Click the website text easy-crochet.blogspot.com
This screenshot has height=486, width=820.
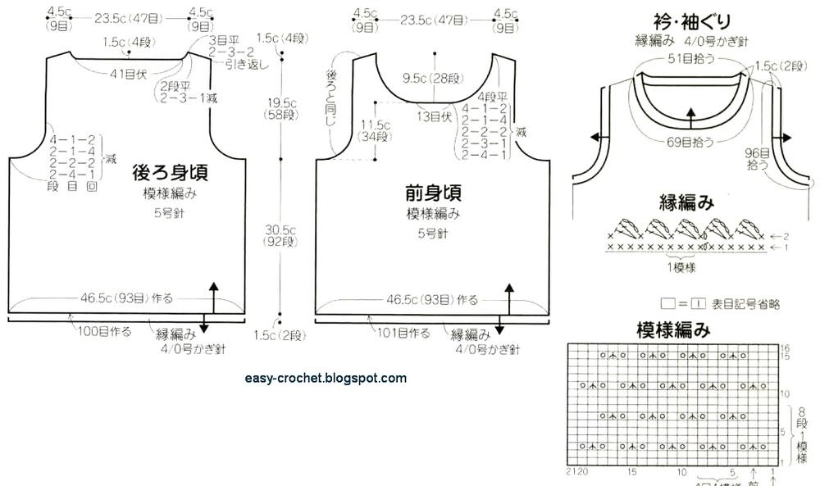[326, 378]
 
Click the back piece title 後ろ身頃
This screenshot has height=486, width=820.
[169, 174]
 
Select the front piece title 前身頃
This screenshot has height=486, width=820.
[433, 193]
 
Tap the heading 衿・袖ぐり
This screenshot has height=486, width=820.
[692, 20]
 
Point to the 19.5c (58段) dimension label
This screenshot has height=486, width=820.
[281, 109]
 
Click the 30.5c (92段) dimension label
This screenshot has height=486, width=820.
[281, 236]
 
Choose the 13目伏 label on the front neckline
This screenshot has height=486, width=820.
[435, 116]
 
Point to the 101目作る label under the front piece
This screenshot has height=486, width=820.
[403, 333]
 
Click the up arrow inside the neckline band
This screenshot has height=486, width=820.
[690, 119]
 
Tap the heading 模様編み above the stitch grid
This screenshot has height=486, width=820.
[673, 330]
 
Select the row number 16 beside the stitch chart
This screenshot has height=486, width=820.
[785, 348]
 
